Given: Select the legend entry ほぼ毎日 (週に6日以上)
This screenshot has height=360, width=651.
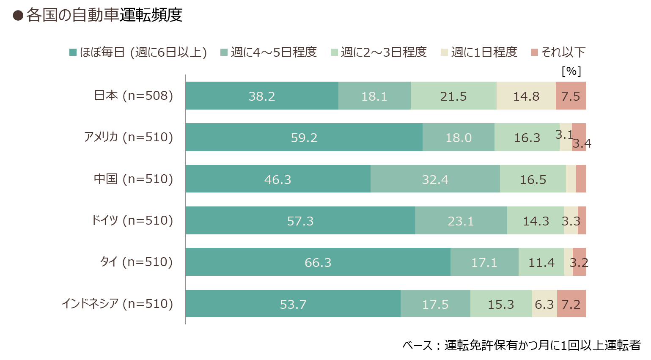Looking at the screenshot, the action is coord(138,52).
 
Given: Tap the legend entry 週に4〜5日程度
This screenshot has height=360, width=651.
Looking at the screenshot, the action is coord(269,52).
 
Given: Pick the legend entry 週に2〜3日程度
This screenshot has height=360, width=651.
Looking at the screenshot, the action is coord(379,52).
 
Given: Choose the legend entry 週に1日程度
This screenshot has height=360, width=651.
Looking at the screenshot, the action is coord(479,52).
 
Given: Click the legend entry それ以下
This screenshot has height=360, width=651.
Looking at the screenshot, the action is coord(558,52).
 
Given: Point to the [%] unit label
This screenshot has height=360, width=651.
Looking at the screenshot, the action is coord(571,71).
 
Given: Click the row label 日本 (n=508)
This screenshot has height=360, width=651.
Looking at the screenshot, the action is coord(133,96).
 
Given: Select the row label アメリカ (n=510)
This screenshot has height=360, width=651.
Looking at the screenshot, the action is coord(129,137).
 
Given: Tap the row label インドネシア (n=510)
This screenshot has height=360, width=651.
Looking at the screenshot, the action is coord(118,304).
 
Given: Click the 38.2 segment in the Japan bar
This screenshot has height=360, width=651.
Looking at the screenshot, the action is coord(262,96).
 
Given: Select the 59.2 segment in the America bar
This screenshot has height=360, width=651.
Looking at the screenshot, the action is coord(304,137).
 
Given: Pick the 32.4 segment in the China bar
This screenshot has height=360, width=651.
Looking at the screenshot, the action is coord(435,179).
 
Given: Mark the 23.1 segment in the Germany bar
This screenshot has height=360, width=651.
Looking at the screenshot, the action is coord(461,220).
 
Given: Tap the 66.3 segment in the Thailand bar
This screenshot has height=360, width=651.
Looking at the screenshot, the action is coord(318,262).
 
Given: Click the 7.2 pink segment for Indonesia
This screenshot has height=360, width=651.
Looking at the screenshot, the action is coord(571,304).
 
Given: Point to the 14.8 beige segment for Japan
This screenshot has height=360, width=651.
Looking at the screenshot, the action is coord(526,96).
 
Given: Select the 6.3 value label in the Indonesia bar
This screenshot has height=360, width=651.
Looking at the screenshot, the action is coord(544,305).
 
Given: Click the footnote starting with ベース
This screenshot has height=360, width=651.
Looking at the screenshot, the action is coord(522,346).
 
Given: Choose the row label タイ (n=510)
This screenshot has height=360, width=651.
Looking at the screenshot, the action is coord(136,262).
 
